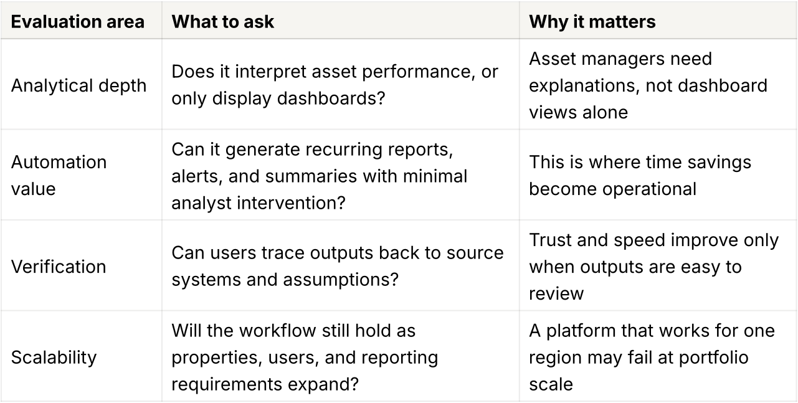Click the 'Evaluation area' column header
(x=78, y=22)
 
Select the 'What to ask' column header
(x=222, y=22)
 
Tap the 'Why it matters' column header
(x=592, y=22)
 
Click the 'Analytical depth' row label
(x=78, y=86)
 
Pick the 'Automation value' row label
(x=59, y=175)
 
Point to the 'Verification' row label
(x=59, y=267)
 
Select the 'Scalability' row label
(x=54, y=358)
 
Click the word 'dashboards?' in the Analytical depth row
(x=331, y=98)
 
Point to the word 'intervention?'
(x=292, y=203)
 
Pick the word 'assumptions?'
(x=341, y=280)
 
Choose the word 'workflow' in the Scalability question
(x=277, y=331)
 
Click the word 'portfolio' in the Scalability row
(x=713, y=358)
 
